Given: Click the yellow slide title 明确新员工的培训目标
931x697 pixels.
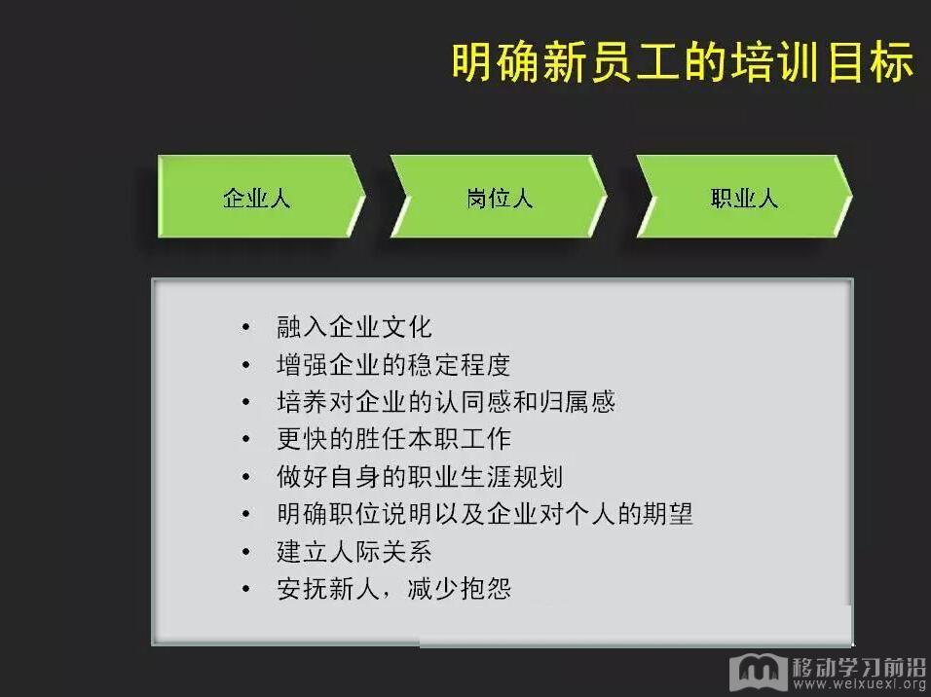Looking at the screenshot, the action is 683,61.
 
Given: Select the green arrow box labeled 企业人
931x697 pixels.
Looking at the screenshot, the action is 261,197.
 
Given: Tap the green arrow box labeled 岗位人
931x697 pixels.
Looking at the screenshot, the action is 499,197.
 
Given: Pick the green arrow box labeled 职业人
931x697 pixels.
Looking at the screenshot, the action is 744,197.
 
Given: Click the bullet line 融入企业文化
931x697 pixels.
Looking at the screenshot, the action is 354,327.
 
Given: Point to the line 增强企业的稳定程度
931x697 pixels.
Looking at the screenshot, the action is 393,364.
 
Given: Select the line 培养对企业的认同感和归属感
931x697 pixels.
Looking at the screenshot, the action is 446,402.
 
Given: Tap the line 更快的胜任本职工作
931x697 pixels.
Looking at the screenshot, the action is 393,439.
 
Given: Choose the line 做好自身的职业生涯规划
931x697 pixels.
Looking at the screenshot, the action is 420,477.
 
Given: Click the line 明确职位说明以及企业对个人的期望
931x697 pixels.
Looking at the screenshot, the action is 485,514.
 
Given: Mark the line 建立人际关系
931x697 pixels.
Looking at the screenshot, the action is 354,552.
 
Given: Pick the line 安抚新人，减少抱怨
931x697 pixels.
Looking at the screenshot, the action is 393,589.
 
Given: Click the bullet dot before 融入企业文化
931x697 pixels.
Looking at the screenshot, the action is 246,327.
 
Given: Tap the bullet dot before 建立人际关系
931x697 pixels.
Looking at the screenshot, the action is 246,552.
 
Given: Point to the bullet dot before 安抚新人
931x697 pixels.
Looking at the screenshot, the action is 246,589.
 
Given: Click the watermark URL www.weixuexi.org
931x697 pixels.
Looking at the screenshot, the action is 859,684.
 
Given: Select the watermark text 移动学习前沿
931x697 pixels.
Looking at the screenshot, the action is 859,667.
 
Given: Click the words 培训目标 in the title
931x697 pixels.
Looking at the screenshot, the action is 822,61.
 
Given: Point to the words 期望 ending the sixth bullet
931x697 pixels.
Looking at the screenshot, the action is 667,514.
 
